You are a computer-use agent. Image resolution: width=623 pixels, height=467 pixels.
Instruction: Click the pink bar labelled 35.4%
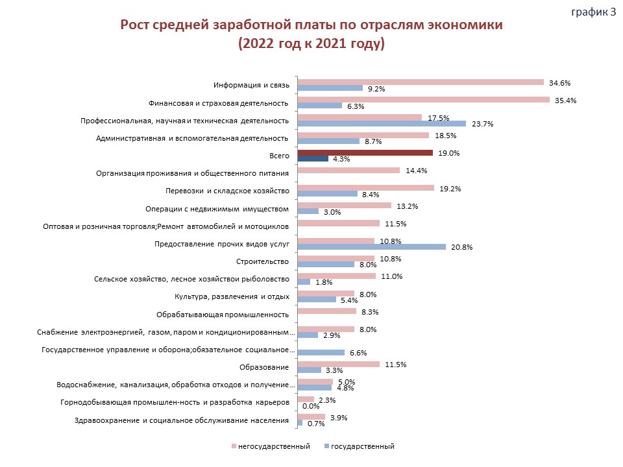coord(424,100)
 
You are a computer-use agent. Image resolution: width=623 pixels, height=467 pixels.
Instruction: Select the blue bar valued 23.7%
coord(382,123)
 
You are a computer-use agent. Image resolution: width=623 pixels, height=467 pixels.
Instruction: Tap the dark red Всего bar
coord(365,153)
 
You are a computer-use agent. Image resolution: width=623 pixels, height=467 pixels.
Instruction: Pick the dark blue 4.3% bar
coord(313,158)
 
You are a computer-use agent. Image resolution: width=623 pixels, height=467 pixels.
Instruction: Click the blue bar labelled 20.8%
coord(371,246)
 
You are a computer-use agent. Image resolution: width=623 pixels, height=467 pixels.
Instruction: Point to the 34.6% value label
coord(560,83)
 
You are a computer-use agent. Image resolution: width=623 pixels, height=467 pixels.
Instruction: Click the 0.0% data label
coord(311,406)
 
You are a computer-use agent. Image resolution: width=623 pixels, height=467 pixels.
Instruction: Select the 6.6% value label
coord(358,353)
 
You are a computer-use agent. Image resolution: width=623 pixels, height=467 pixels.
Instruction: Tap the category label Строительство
coord(262,261)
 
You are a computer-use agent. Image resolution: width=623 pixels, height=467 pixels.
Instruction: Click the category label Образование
coord(264,367)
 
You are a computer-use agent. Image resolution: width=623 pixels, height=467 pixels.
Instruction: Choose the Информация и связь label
coord(252,86)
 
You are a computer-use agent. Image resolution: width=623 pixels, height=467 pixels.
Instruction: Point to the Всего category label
coord(279,156)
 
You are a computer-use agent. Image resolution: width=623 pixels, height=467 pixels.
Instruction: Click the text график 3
coord(594,12)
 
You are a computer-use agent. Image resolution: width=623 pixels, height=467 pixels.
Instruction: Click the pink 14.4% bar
coord(348,171)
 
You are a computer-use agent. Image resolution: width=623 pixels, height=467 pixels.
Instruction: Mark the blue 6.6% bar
coord(321,353)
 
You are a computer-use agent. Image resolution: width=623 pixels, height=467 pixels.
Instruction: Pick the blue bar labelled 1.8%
coord(304,282)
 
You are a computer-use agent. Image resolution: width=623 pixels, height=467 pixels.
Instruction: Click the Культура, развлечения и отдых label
coord(232,296)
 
